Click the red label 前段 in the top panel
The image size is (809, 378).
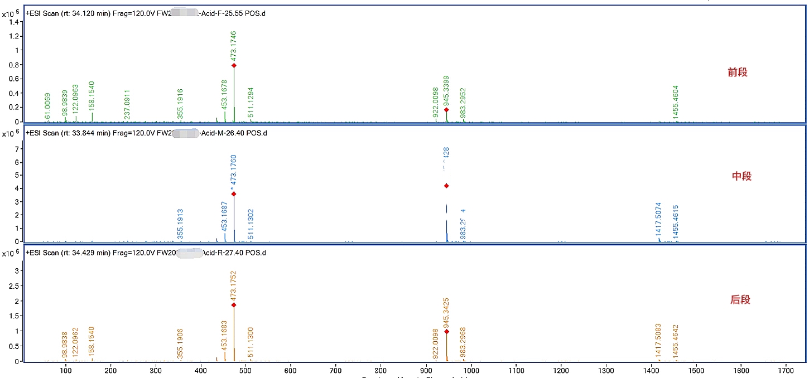[x=737, y=72]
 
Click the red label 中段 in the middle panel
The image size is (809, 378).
[x=741, y=176]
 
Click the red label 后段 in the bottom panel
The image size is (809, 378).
[x=740, y=299]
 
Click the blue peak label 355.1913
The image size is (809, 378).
[x=180, y=224]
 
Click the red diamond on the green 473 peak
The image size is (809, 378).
[x=234, y=65]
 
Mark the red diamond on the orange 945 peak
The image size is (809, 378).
[x=446, y=332]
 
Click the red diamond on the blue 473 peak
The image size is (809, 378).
[x=234, y=194]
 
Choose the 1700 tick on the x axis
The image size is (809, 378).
[x=786, y=370]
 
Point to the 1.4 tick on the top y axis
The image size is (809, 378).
[x=16, y=21]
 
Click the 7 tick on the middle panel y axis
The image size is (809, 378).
[x=18, y=149]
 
